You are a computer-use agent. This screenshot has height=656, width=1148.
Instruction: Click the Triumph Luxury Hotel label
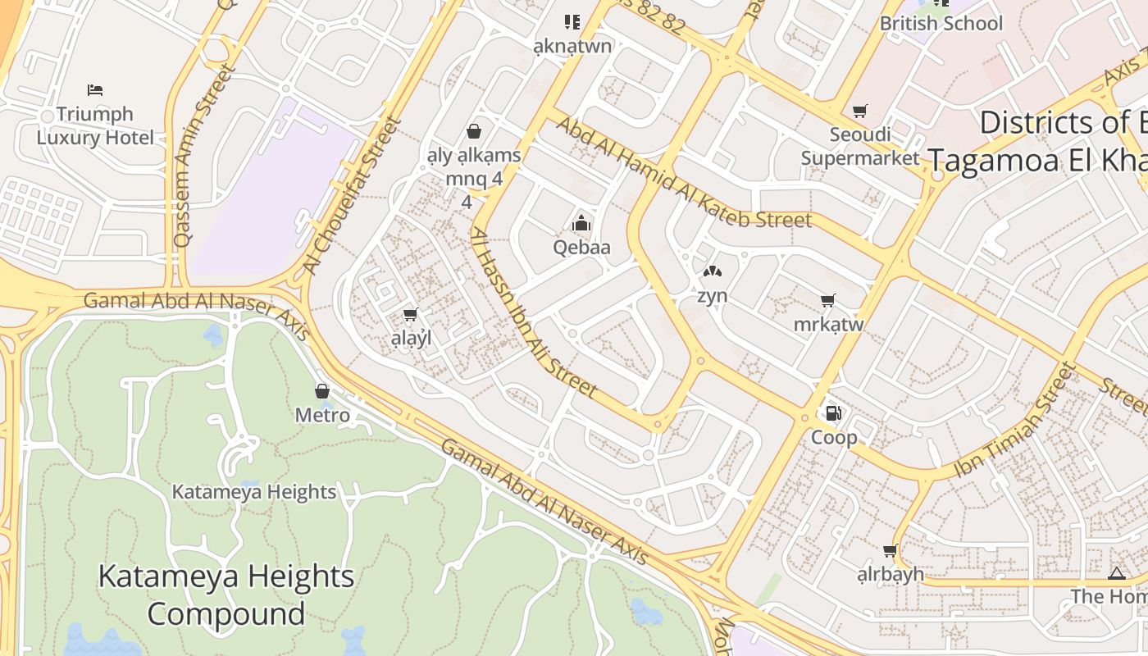(95, 125)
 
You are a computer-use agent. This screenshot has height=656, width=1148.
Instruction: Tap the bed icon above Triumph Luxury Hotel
(95, 89)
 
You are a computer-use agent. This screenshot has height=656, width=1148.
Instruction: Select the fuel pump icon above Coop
(834, 413)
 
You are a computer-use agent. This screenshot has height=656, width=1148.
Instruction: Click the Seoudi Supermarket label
(859, 146)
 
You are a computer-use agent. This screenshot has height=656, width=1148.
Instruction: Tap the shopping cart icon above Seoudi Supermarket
(859, 111)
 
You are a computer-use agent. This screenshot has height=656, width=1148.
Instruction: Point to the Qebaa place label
(581, 247)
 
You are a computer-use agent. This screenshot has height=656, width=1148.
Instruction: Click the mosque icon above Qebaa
(581, 222)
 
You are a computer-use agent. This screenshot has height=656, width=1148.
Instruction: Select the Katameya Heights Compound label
(226, 594)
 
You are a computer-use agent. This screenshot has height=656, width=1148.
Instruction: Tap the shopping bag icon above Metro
(322, 391)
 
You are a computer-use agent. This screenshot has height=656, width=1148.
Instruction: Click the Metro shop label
(322, 416)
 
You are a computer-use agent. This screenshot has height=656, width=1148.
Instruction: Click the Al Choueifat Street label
(353, 195)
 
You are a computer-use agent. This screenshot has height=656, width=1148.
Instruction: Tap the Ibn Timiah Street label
(1014, 421)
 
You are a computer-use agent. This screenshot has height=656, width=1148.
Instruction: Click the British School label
(941, 23)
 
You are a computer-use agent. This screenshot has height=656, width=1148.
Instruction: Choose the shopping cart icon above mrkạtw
(828, 300)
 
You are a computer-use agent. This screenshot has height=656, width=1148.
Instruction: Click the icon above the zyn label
(712, 271)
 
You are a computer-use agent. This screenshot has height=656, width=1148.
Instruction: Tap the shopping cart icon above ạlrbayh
(890, 550)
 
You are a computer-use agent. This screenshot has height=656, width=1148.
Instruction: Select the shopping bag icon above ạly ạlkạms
(473, 130)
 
